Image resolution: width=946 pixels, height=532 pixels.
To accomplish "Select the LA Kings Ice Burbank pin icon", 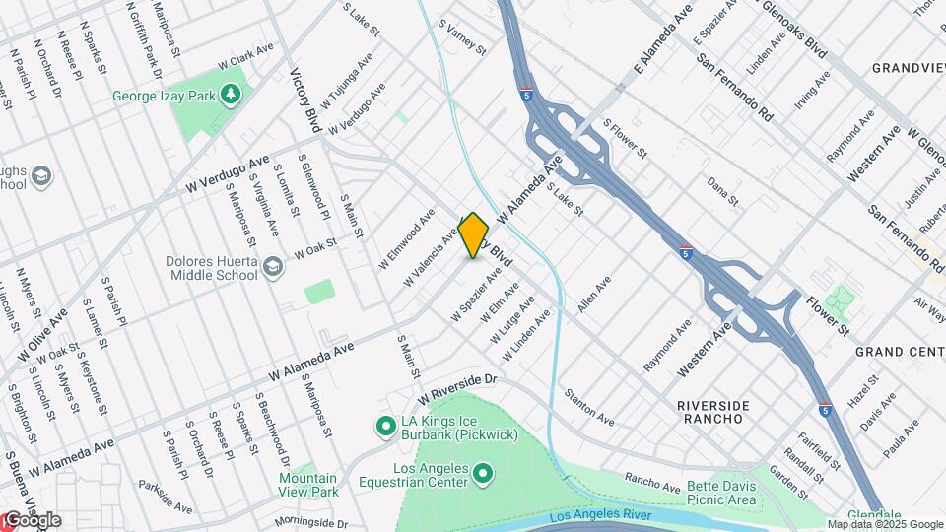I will [x=385, y=427].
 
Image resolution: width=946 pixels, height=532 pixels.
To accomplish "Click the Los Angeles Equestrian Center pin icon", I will [x=483, y=475].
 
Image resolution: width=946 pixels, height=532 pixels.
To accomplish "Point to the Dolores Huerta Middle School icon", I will [x=273, y=267].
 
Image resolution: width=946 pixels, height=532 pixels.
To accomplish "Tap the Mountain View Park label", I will [x=314, y=485].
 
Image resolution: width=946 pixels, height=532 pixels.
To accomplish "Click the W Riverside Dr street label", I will [x=459, y=385].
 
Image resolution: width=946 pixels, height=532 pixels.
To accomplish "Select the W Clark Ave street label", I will [x=245, y=54].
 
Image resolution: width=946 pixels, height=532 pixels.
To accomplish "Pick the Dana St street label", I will [x=722, y=191].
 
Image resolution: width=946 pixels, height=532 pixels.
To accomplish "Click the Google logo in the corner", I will [x=32, y=520].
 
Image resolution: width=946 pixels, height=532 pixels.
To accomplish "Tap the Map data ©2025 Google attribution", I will [x=883, y=524].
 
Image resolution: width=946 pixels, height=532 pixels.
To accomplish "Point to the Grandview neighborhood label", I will [x=908, y=68].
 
